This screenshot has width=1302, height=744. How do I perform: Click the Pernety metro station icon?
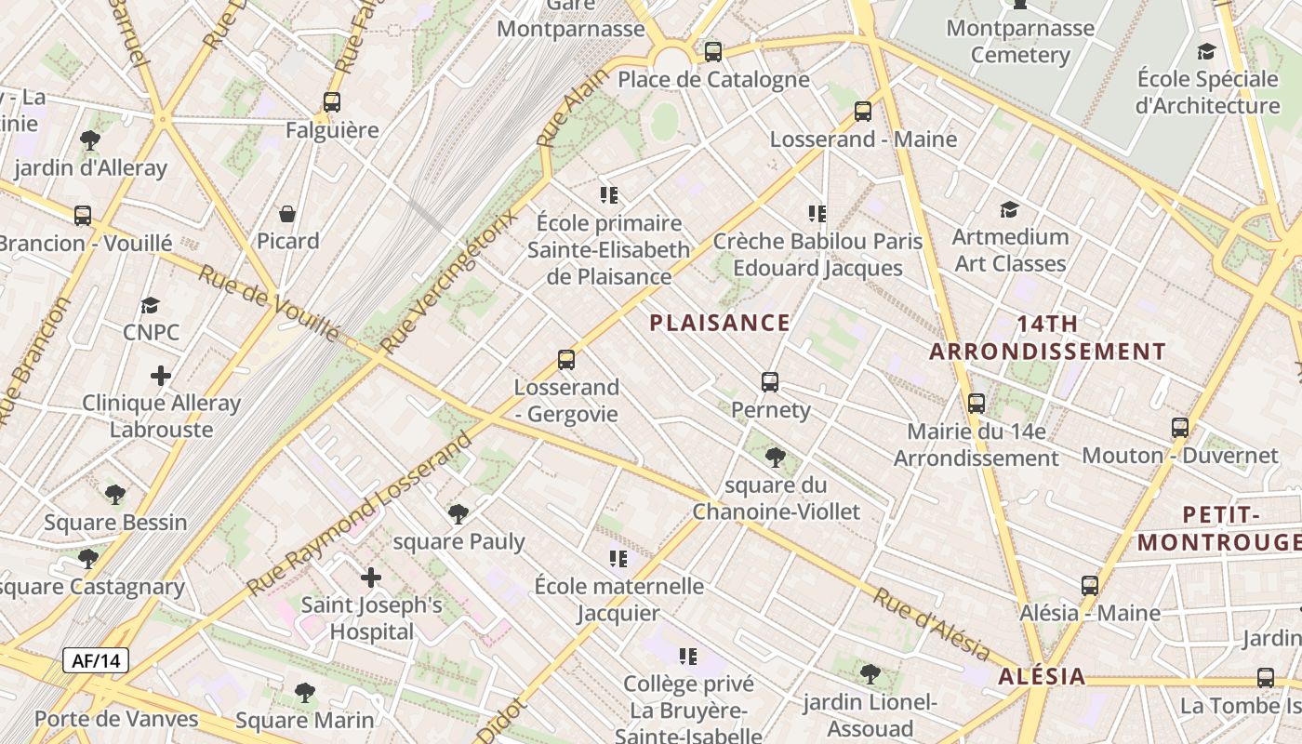point(770,381)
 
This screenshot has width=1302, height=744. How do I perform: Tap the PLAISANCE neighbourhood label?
point(720,323)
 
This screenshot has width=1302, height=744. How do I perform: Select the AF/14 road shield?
point(96,661)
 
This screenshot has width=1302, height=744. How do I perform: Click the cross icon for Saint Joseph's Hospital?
point(371,578)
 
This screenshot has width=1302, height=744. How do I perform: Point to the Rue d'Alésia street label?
point(930,624)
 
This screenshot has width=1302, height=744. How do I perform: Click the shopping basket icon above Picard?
point(288,214)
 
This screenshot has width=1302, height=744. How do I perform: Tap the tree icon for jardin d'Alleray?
point(90,140)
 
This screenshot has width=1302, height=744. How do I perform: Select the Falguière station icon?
point(332,102)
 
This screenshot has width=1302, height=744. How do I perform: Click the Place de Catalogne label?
point(713,79)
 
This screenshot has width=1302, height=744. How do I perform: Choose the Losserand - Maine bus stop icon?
point(863,112)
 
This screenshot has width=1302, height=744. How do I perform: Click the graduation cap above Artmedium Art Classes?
point(1009,209)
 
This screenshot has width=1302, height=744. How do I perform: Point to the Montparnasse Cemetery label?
point(1020,41)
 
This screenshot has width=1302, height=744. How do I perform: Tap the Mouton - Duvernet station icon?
point(1180,428)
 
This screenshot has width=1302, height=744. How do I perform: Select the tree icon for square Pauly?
point(458,513)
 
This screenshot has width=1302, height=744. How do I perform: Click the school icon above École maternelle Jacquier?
point(618,558)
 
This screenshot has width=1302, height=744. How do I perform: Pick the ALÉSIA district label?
point(1042,676)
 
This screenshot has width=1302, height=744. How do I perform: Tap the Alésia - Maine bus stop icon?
point(1090,586)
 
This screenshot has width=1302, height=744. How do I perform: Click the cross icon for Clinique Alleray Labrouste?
point(161,376)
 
